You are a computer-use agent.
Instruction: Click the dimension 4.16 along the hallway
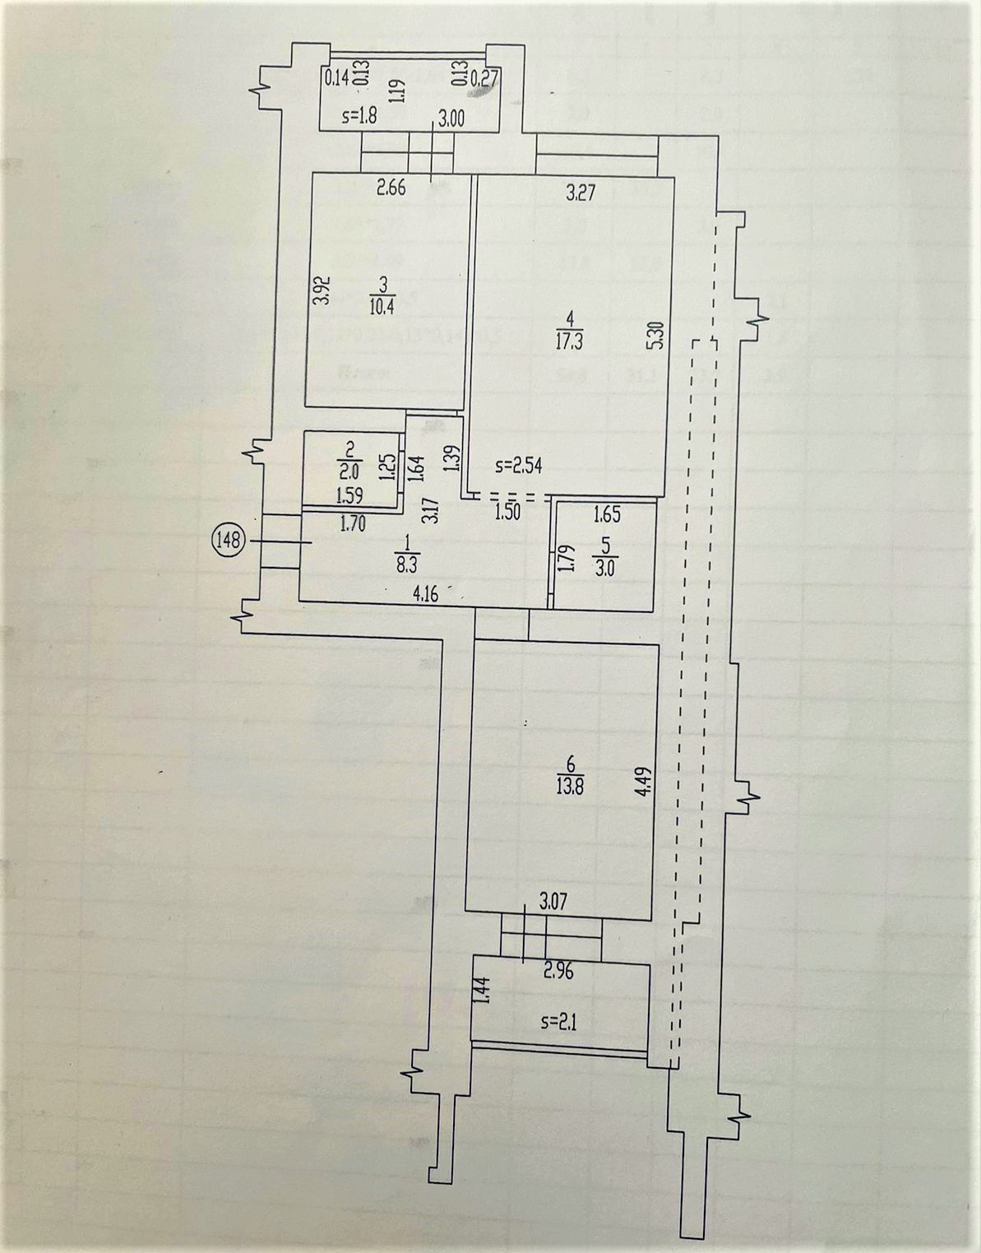point(424,594)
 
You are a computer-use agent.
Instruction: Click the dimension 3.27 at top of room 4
point(581,195)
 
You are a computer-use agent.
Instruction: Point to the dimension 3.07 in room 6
point(553,903)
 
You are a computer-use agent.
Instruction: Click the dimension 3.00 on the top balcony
point(451,118)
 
